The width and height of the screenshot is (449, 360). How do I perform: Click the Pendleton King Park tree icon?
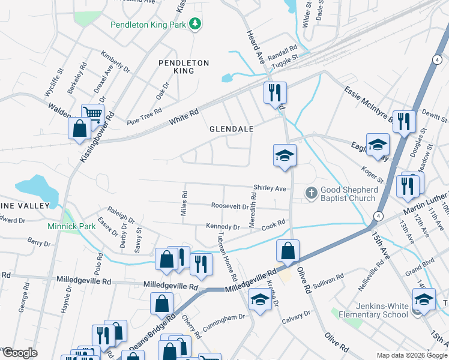pos(194,23)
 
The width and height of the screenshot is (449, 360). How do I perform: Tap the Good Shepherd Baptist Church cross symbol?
pos(311,193)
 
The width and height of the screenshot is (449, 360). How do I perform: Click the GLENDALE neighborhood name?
pos(231,129)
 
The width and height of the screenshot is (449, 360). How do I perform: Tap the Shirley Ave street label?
pos(270,188)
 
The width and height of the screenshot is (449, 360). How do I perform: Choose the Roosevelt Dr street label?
pos(230,206)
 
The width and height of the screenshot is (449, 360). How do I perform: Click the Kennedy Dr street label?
pos(223,227)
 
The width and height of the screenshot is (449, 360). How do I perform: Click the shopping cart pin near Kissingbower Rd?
pos(92,114)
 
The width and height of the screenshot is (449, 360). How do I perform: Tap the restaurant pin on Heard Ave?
pos(275,93)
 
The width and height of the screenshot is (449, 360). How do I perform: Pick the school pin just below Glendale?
pos(285,156)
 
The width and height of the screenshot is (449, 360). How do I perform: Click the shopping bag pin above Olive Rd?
pos(288,251)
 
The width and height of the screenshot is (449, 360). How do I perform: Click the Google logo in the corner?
pos(19,353)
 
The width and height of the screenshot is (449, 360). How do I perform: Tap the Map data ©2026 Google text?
pos(411,355)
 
